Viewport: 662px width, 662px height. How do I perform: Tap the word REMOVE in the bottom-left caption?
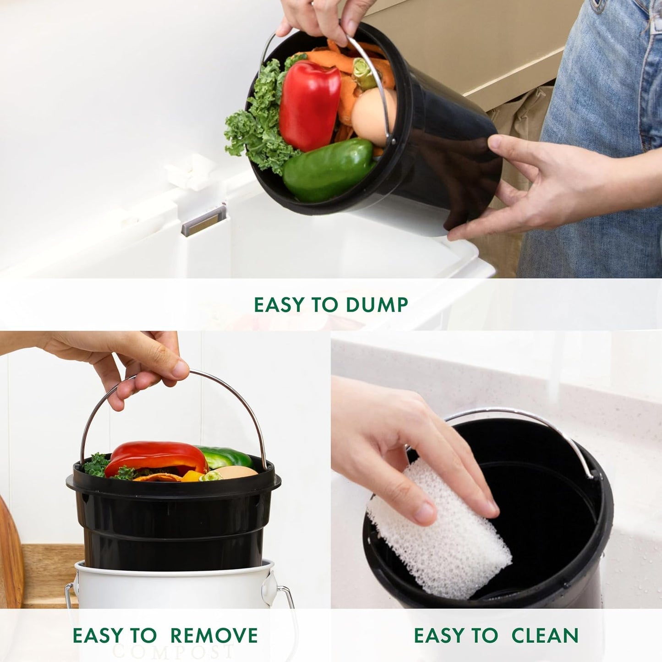pos(214,635)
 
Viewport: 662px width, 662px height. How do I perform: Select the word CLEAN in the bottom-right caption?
pos(545,635)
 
